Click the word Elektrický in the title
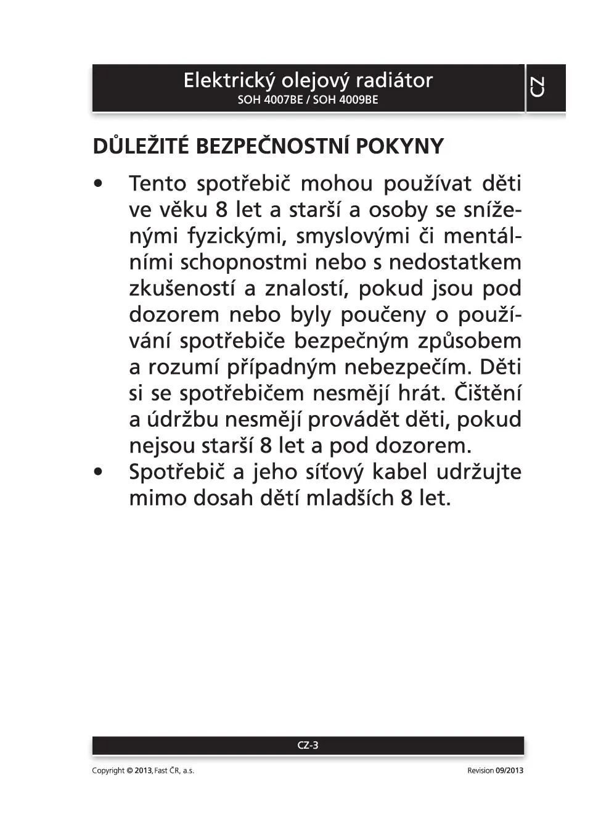229,81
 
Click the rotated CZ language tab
538,87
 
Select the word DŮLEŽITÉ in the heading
141,146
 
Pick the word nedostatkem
455,262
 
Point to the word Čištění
488,393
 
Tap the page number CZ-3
308,745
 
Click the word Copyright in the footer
108,770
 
